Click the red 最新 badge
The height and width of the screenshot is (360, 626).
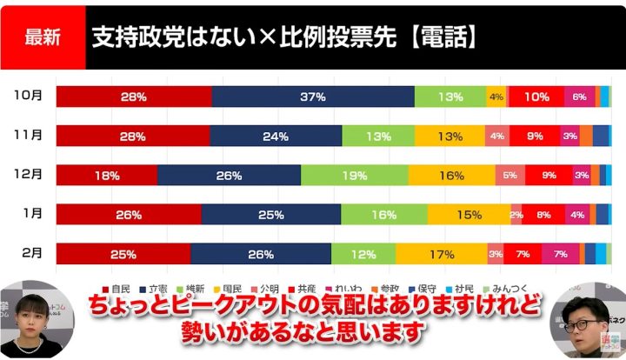pos(43,38)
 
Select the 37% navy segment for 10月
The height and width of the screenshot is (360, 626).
pos(313,97)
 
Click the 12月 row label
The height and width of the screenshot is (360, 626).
pos(29,175)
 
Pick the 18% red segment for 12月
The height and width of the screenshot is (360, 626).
pos(106,175)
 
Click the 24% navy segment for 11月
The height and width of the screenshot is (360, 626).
pos(276,136)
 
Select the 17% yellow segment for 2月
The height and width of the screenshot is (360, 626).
pos(442,254)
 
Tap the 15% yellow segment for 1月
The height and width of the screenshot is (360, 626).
pos(469,214)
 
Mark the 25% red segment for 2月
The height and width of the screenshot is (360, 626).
pos(123,254)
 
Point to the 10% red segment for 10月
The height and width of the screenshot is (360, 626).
pos(536,97)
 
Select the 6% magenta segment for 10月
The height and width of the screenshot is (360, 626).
pos(579,97)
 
